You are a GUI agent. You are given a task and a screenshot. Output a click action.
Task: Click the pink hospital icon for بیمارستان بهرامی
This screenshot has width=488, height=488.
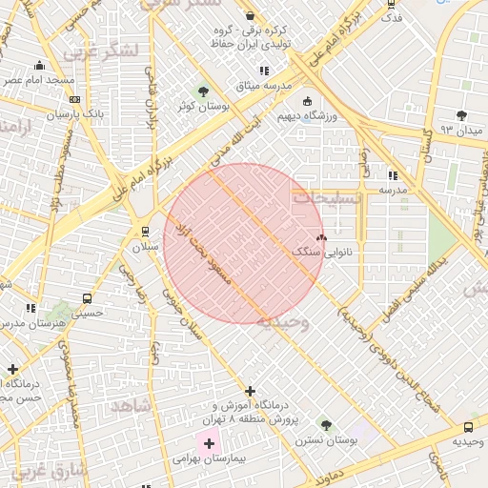pyautogui.click(x=209, y=443)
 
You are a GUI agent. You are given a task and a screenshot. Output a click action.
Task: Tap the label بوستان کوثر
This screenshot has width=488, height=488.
pyautogui.click(x=205, y=107)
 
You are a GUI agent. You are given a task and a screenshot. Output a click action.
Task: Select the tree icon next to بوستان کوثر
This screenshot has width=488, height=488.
pyautogui.click(x=203, y=91)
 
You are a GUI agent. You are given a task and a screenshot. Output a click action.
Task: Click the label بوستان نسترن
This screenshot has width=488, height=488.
pyautogui.click(x=326, y=441)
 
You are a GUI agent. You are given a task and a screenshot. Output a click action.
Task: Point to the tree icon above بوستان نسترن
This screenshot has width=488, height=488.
pyautogui.click(x=326, y=425)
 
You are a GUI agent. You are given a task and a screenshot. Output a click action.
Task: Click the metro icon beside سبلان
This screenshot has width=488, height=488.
pyautogui.click(x=145, y=231)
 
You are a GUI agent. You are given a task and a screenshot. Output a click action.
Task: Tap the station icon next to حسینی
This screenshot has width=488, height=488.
pyautogui.click(x=88, y=297)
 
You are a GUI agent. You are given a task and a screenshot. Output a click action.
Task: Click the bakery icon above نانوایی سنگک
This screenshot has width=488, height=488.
pyautogui.click(x=320, y=237)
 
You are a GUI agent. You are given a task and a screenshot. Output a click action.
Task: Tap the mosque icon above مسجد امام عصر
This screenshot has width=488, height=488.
pyautogui.click(x=39, y=66)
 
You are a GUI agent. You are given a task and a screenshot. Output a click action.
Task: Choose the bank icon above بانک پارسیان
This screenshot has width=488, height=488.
pyautogui.click(x=75, y=99)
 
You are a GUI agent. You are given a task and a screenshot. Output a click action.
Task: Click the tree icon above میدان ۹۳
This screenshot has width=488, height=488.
pyautogui.click(x=461, y=115)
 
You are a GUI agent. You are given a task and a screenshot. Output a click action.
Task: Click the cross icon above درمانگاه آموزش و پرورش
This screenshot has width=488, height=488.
pyautogui.click(x=250, y=391)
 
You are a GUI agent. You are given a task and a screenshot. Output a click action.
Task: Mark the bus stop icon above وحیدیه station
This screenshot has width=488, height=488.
pyautogui.click(x=468, y=427)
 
